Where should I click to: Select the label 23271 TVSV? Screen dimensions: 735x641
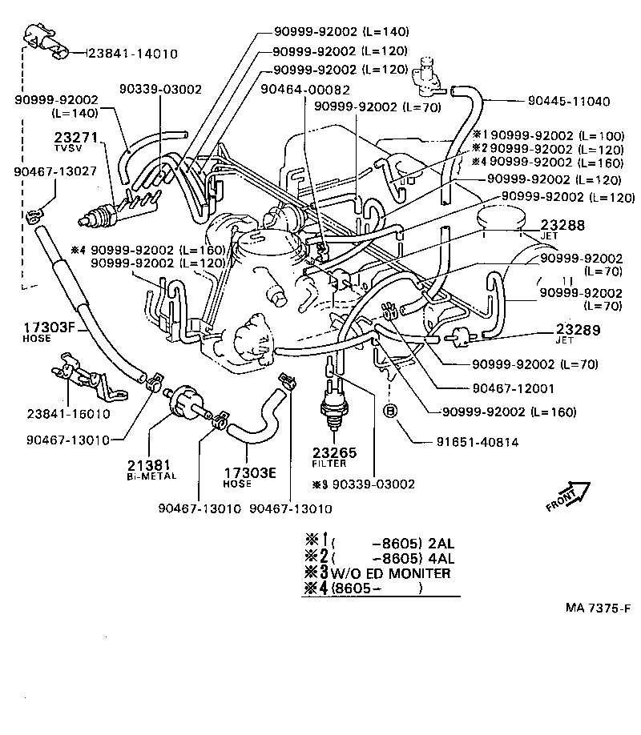coord(75,142)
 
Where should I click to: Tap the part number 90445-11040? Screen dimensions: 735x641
coord(569,102)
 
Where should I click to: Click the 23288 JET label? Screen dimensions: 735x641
coord(563,230)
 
